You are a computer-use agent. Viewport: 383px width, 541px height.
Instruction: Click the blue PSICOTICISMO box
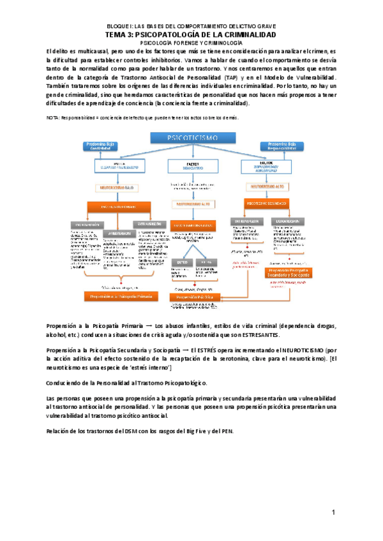[192, 138]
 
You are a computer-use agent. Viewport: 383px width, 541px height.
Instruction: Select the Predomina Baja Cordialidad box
[102, 145]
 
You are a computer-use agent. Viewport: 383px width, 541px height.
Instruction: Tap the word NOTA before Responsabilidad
[54, 118]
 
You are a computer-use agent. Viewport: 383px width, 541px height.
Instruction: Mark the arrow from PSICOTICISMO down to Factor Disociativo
[192, 152]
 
